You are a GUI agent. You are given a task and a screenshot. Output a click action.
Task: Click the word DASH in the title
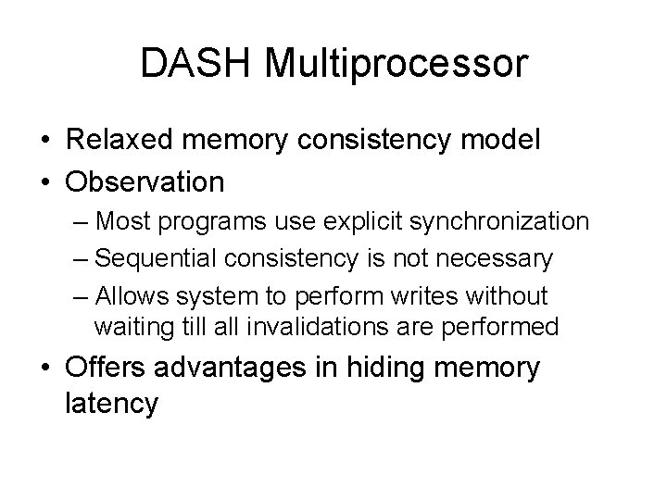(198, 65)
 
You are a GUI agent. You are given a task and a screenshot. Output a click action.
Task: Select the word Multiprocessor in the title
(396, 65)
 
